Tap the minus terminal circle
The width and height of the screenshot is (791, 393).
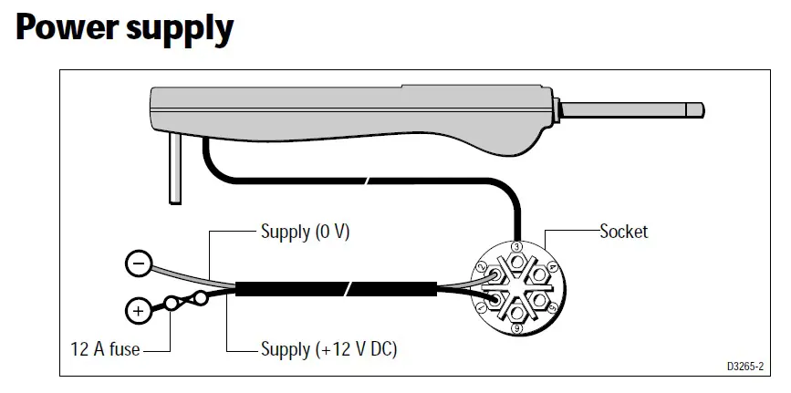coord(138,264)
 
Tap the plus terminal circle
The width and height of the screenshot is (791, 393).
coord(138,311)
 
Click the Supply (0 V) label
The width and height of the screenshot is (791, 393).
coord(306,232)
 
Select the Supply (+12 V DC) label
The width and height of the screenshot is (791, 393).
coord(328,348)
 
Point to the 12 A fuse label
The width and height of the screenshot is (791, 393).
coord(106,348)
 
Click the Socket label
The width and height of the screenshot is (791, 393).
coord(624,232)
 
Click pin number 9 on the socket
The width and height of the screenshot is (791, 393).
coord(516,328)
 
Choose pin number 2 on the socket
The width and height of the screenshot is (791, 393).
coord(481,266)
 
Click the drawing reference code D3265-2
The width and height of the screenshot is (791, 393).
coord(746,366)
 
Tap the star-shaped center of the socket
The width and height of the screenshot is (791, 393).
coord(516,287)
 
